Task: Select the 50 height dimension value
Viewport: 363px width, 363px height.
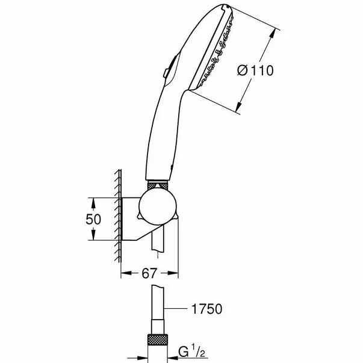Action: click(94, 219)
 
